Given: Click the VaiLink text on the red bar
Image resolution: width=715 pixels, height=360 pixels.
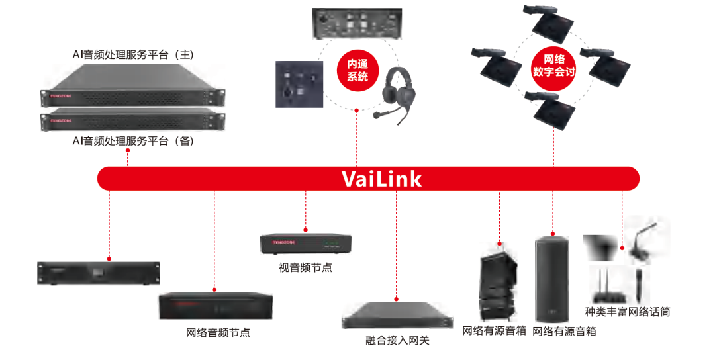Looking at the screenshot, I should click(x=381, y=179).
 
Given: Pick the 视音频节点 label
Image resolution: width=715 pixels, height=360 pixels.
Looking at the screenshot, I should click(x=305, y=268).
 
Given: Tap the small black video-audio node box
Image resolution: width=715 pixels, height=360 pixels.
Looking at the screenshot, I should click(x=305, y=244).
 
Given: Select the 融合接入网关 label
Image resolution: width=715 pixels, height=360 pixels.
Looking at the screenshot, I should click(x=397, y=340).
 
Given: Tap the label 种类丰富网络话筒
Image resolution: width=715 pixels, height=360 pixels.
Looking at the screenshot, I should click(x=627, y=311).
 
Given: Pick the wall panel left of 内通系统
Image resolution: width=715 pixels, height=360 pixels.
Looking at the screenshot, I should click(x=298, y=84).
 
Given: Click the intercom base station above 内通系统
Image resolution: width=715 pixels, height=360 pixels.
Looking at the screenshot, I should click(x=357, y=22).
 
